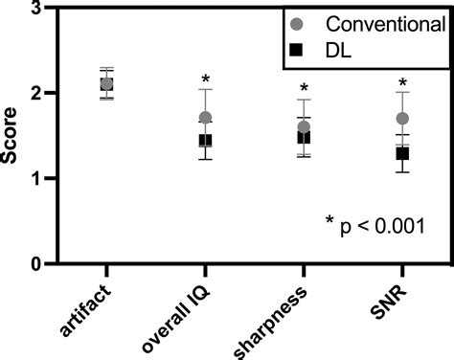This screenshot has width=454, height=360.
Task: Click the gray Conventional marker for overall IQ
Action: click(x=205, y=119)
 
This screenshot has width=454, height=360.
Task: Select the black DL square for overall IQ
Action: click(x=205, y=141)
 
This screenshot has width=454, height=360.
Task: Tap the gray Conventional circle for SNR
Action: click(x=402, y=119)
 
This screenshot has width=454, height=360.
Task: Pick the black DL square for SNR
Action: click(x=402, y=153)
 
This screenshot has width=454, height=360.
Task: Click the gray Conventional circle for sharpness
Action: click(x=304, y=127)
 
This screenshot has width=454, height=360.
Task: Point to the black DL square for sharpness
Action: click(x=304, y=138)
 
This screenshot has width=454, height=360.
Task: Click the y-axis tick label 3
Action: click(x=34, y=9)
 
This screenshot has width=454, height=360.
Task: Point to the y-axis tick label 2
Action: click(x=34, y=94)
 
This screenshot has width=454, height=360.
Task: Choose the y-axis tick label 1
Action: click(x=34, y=179)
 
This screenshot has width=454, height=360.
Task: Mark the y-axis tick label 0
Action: click(x=34, y=263)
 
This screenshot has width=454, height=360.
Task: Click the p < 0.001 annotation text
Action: click(x=375, y=227)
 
